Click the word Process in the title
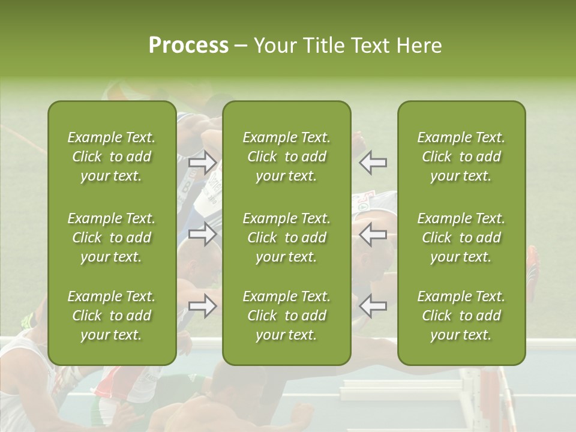(x=188, y=46)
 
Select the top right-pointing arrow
(x=203, y=163)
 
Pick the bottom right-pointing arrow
(x=203, y=306)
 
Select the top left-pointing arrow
(x=373, y=163)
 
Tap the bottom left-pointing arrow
(x=373, y=306)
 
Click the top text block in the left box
(x=112, y=157)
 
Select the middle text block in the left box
(x=112, y=238)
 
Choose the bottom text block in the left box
(x=112, y=316)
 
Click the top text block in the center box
(x=286, y=157)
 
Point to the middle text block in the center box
(x=286, y=238)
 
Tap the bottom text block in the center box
(x=286, y=316)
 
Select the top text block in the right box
(x=461, y=157)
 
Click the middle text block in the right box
(x=461, y=238)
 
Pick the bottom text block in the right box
(x=461, y=316)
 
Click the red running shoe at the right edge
(x=533, y=265)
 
